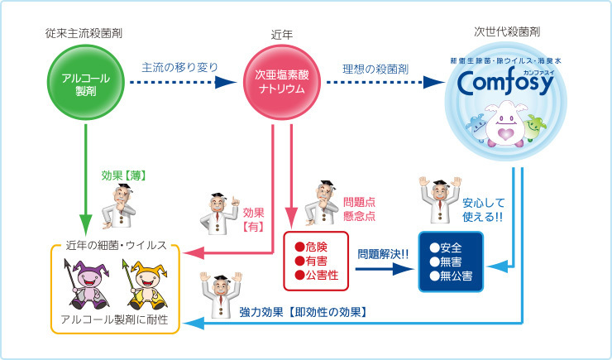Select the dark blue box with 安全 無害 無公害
point(451,262)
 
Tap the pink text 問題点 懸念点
point(360,209)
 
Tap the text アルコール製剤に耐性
point(114,319)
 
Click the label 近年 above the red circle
point(275,35)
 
